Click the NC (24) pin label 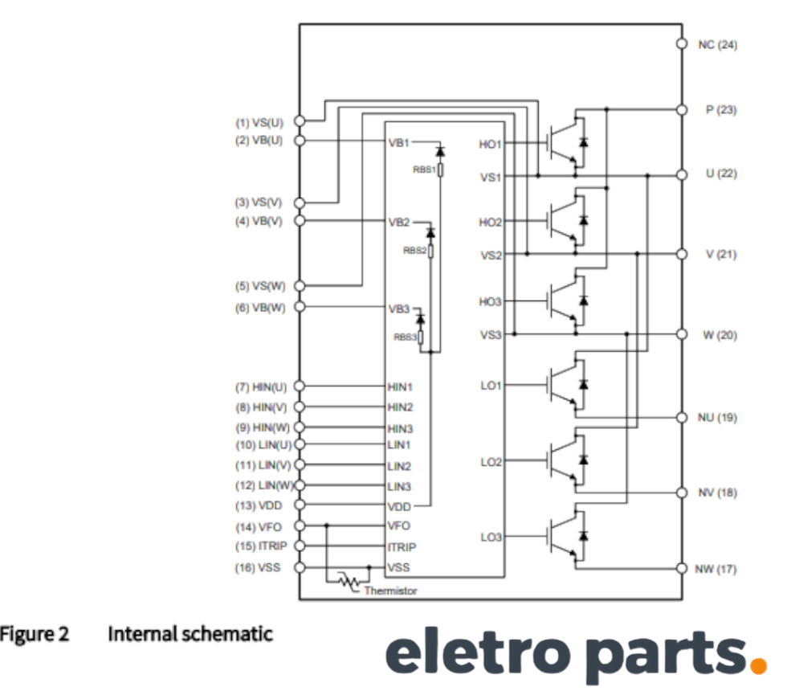(717, 44)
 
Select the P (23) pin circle (681, 109)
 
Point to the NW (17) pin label (716, 570)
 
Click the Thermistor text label (390, 591)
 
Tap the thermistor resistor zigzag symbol (348, 581)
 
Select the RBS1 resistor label (425, 170)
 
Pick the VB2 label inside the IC (399, 221)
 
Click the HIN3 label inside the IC (400, 427)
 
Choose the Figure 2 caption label (35, 634)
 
